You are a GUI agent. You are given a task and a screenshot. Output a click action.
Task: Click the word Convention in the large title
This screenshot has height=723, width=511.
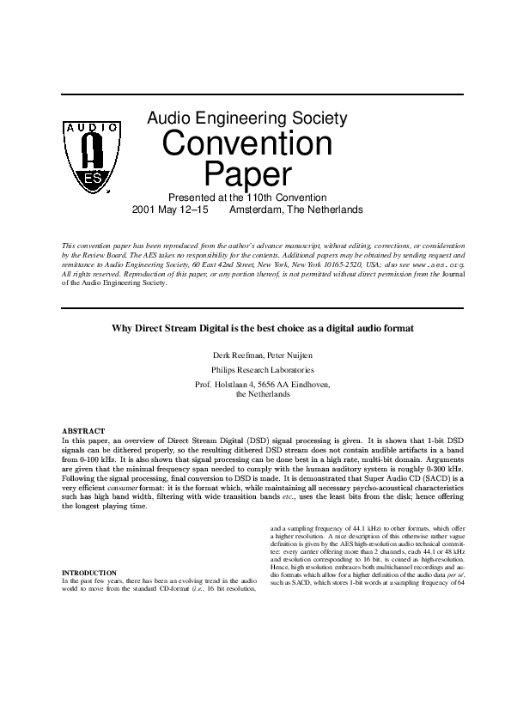tap(247, 143)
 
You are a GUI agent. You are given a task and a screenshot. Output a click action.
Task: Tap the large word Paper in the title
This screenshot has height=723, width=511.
tap(247, 175)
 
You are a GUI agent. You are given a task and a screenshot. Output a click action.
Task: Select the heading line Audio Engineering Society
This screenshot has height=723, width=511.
tap(247, 117)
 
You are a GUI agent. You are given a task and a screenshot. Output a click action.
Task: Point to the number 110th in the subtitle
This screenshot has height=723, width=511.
tap(263, 197)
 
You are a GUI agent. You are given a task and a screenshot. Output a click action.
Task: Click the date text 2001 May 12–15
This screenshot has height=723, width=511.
tap(170, 210)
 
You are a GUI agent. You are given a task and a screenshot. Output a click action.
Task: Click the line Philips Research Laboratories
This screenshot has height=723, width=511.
tap(255, 370)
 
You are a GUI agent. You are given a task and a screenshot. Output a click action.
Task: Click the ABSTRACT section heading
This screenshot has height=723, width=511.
tap(83, 430)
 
